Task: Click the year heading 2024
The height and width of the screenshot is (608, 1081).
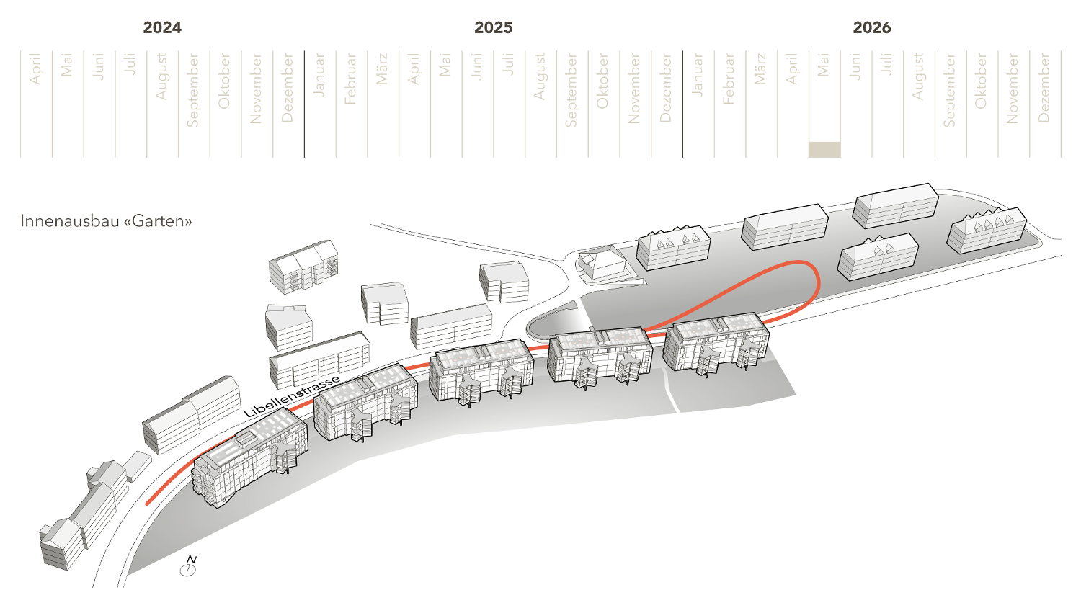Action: (162, 28)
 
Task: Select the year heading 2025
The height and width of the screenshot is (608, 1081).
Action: (493, 28)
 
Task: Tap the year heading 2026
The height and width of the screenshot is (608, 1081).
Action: (871, 28)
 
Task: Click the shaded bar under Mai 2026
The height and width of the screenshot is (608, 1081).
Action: (824, 149)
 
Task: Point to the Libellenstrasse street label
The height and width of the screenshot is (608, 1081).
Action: (291, 397)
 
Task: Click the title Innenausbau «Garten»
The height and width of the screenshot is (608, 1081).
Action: (107, 221)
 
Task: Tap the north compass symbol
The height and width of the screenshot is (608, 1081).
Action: (188, 568)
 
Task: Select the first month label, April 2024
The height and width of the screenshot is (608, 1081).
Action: (35, 69)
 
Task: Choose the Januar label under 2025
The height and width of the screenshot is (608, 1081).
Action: (319, 75)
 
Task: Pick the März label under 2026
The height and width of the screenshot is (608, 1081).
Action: (760, 69)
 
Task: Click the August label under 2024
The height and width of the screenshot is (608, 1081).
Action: (161, 76)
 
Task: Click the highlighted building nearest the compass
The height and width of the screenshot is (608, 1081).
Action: (249, 457)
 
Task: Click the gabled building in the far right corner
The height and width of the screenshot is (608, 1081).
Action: (987, 229)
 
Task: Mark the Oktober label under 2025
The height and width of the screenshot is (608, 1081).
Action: (602, 81)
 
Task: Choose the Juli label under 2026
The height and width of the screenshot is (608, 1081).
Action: (886, 64)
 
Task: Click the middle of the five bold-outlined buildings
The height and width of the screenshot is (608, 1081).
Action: (481, 370)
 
